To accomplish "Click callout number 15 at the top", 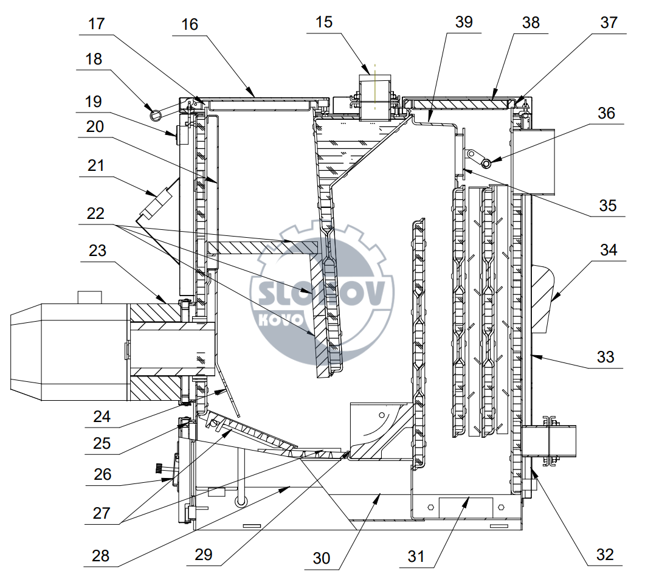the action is point(324,22).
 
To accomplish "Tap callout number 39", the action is point(464,22).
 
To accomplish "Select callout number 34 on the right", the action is point(609,250).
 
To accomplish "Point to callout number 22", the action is point(95,213).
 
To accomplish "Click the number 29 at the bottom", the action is point(203,555).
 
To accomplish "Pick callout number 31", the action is point(416,556).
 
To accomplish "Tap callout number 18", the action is point(94,59).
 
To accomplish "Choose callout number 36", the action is point(606,113).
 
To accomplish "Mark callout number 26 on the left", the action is point(102,474).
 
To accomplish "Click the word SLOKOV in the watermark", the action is point(322,293).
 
